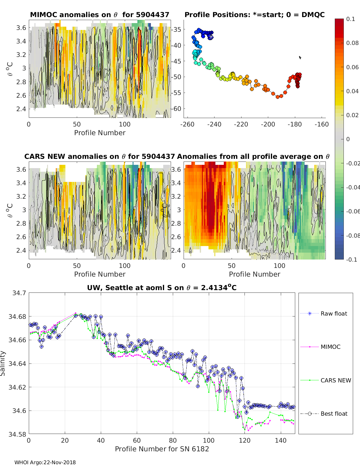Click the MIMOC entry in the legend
point(330,347)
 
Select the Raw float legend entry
point(334,313)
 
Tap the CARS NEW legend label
point(336,380)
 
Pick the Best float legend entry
point(334,414)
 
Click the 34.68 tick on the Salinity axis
point(18,316)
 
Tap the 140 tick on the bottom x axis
point(281,440)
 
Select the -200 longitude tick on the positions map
point(268,124)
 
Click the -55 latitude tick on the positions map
point(176,93)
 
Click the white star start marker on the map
point(211,37)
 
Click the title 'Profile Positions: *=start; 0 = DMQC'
point(254,15)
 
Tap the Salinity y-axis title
point(3,363)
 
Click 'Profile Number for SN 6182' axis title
point(162,449)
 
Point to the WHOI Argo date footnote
point(45,462)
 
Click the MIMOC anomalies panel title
point(100,15)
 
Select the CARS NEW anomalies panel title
point(100,156)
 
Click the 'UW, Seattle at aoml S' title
point(162,288)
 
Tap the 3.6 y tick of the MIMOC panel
point(21,28)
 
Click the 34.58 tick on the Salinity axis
point(18,434)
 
